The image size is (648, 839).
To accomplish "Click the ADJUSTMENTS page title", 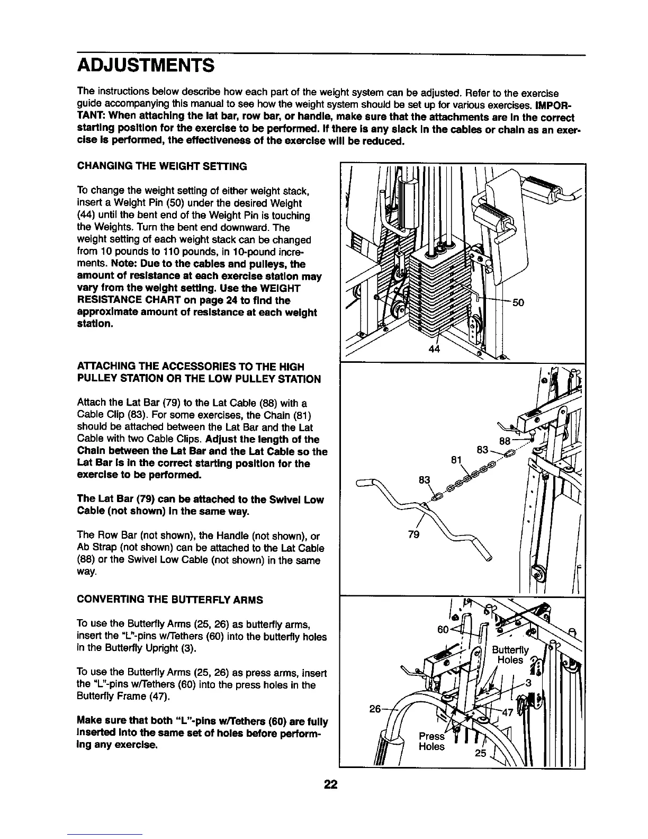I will click(146, 67).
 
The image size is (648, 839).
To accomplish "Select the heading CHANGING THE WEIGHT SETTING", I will click(162, 166).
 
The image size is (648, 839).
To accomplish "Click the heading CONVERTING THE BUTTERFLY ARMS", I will click(170, 600).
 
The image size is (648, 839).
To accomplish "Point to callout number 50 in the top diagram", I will click(518, 303).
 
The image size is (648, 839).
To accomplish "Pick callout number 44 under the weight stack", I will click(434, 349).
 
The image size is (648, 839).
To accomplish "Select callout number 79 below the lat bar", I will click(414, 534).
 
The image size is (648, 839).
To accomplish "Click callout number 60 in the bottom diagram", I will click(444, 629).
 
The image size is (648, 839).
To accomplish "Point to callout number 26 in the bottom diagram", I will click(375, 708).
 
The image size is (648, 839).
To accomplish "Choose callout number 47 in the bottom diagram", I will click(507, 712).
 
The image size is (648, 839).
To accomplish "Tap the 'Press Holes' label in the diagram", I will click(431, 742).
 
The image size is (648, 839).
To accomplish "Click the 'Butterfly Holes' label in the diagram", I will click(510, 655).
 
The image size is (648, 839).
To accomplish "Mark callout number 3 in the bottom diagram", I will click(528, 683).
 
